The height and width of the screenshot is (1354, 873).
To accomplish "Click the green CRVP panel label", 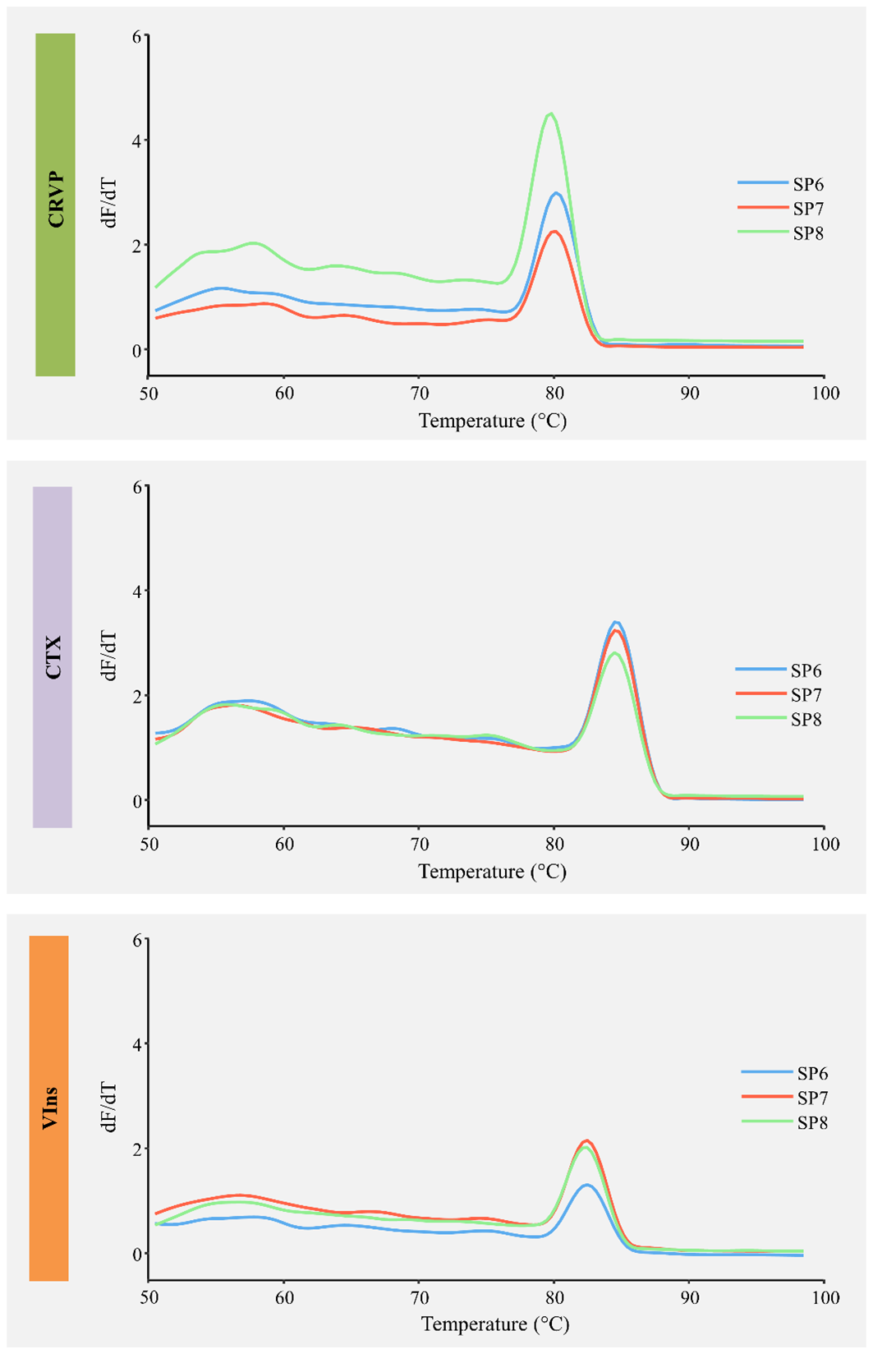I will [55, 205].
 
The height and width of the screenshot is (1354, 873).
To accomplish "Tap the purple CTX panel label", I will [53, 656].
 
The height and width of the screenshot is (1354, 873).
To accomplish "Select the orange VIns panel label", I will [48, 1108].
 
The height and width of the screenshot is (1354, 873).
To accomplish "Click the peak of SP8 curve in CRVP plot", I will [551, 114].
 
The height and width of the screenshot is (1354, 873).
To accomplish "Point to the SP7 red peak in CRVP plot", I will [555, 232].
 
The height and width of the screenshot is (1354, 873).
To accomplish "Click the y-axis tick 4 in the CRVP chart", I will [137, 140].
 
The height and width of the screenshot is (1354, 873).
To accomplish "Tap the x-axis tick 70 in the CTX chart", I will [419, 844].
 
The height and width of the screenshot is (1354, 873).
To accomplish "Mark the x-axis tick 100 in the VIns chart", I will [825, 1297].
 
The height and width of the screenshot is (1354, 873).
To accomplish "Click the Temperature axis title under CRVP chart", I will [492, 421].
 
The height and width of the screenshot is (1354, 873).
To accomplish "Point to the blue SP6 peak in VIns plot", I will [586, 1185].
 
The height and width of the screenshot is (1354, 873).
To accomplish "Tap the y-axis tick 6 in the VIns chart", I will [137, 939].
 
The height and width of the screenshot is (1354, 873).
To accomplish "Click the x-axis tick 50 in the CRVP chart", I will [149, 393].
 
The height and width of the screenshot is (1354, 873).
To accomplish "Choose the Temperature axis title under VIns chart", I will [495, 1324].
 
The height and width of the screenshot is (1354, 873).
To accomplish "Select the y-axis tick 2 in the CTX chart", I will [137, 696].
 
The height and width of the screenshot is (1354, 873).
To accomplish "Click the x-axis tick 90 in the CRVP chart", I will [689, 393].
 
